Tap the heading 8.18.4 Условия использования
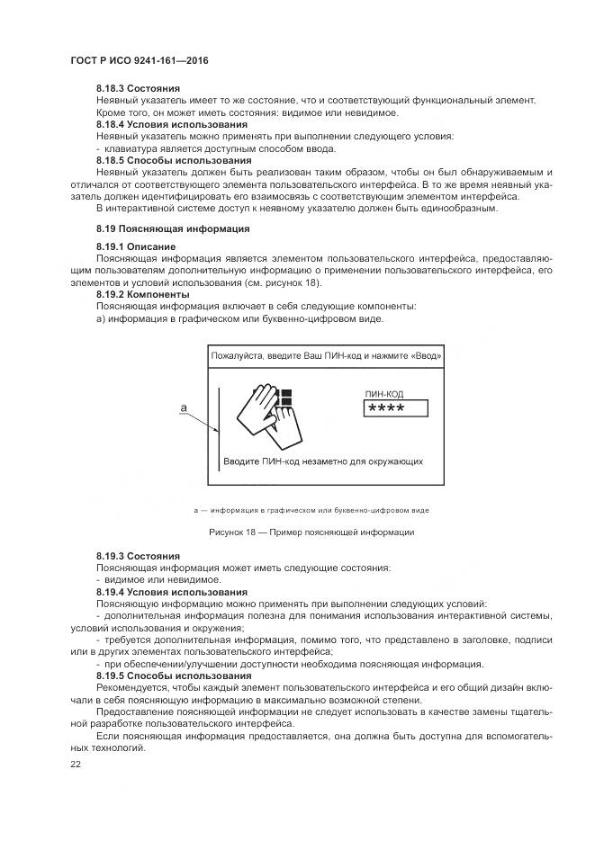pyautogui.click(x=171, y=124)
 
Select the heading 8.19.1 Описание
pyautogui.click(x=136, y=246)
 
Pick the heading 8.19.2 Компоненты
pyautogui.click(x=142, y=294)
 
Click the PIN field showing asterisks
pyautogui.click(x=395, y=409)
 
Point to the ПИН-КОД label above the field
pyautogui.click(x=385, y=394)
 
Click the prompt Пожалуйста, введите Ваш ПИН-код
pyautogui.click(x=326, y=356)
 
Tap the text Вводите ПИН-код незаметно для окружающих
pyautogui.click(x=323, y=461)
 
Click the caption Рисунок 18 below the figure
pyautogui.click(x=311, y=532)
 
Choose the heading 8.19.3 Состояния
pyautogui.click(x=138, y=557)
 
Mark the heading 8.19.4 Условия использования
pyautogui.click(x=171, y=592)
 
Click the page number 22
pyautogui.click(x=75, y=764)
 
